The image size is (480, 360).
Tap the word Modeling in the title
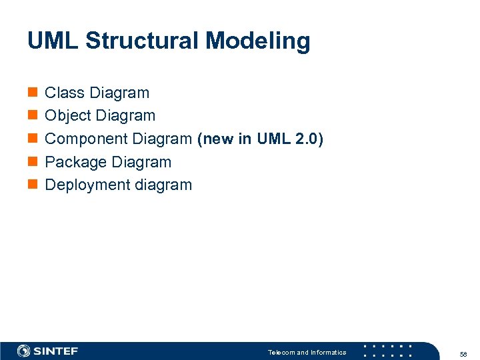(x=258, y=41)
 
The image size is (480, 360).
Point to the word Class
(x=64, y=93)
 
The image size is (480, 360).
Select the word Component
(x=86, y=139)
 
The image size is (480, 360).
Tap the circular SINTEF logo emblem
(x=24, y=351)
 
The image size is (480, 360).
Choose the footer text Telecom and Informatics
(x=307, y=352)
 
